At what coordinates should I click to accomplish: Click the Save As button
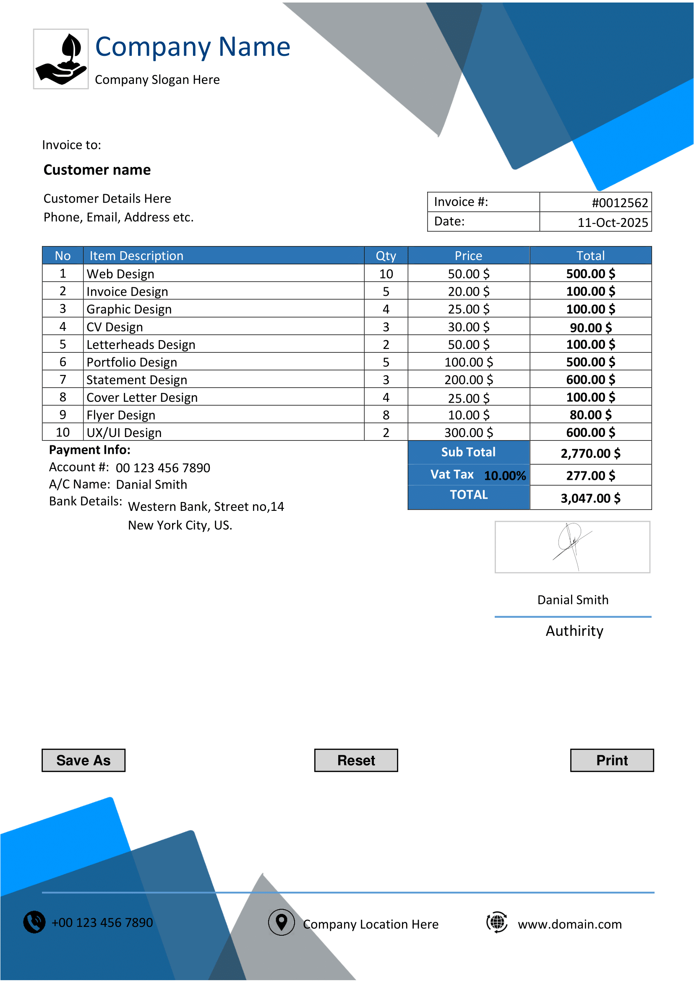click(83, 760)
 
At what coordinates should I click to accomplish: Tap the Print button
click(611, 760)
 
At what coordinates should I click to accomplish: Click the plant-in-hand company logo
click(61, 59)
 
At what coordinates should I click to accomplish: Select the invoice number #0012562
click(619, 203)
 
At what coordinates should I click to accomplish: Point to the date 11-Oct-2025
click(612, 222)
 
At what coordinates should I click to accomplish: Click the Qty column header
click(386, 255)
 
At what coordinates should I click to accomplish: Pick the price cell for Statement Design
click(468, 380)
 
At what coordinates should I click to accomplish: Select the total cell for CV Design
click(590, 327)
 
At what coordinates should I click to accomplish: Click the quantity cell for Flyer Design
click(386, 415)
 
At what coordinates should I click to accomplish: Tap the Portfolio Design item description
click(132, 362)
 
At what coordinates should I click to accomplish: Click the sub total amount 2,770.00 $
click(590, 453)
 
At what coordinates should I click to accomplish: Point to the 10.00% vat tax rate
click(505, 476)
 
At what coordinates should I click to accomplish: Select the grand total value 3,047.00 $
click(590, 498)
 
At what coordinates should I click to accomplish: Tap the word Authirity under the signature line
click(574, 631)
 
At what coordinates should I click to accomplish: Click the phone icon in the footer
click(34, 922)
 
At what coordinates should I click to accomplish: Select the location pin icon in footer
click(281, 922)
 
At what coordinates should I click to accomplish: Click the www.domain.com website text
click(569, 924)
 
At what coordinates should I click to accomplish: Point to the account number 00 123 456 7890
click(163, 468)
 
